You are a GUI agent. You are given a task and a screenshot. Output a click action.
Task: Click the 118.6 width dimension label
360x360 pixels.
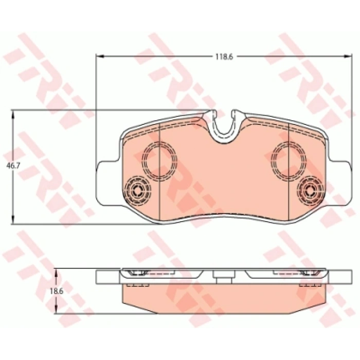[224, 57]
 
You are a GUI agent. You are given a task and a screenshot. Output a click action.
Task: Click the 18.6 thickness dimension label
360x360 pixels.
[57, 291]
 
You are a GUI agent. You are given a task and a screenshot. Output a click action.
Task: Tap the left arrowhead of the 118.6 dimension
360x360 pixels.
[100, 56]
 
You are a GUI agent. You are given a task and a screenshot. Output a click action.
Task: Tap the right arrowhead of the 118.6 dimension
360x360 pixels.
[348, 56]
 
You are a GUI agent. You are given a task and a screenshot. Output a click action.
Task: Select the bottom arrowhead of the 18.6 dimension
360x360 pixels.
[57, 309]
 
